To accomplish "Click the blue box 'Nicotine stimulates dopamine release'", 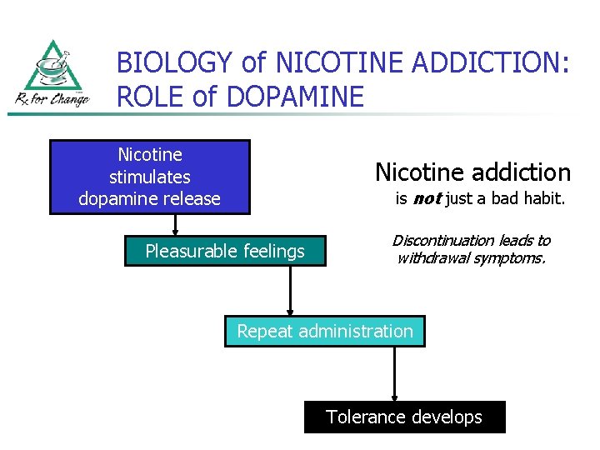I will tap(149, 177).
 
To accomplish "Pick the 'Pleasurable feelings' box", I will tap(225, 251).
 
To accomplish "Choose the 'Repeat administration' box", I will tap(324, 332).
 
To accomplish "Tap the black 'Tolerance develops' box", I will tap(404, 417).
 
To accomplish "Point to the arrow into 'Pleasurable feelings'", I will tap(175, 227).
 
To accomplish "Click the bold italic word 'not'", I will tap(427, 199).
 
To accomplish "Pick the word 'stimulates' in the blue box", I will tap(149, 177).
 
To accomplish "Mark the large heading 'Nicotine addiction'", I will tap(472, 172).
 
